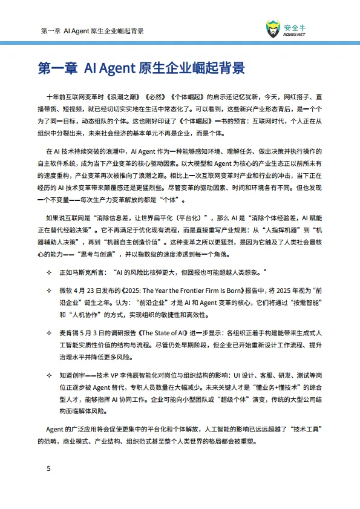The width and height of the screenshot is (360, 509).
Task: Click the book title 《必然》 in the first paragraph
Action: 158,97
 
